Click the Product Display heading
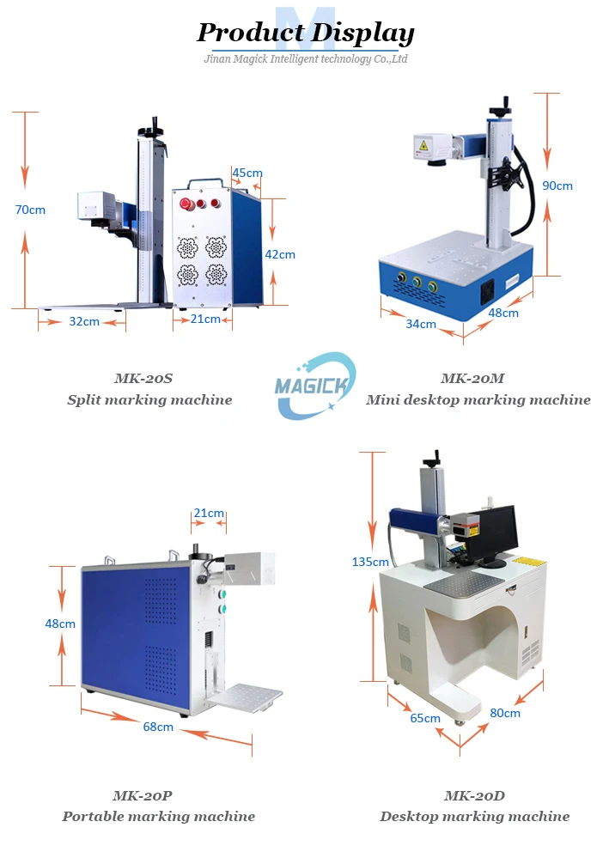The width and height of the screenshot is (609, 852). click(305, 33)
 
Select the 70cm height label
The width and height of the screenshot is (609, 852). click(30, 209)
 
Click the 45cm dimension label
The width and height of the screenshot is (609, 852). click(247, 173)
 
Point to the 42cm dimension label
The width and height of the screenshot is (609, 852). click(279, 254)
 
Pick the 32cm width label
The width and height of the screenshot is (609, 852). click(83, 321)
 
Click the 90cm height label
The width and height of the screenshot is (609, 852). click(557, 186)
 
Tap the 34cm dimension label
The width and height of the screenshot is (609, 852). click(421, 324)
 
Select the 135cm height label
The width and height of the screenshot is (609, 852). click(370, 562)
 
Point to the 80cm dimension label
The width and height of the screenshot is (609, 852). click(505, 712)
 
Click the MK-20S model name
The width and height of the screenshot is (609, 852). click(149, 378)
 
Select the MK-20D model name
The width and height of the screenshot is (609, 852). click(474, 795)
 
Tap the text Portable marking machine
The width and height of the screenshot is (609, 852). click(158, 816)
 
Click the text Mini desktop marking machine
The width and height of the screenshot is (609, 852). click(478, 399)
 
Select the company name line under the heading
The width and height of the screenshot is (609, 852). click(305, 59)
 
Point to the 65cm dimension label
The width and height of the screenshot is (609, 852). click(425, 718)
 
